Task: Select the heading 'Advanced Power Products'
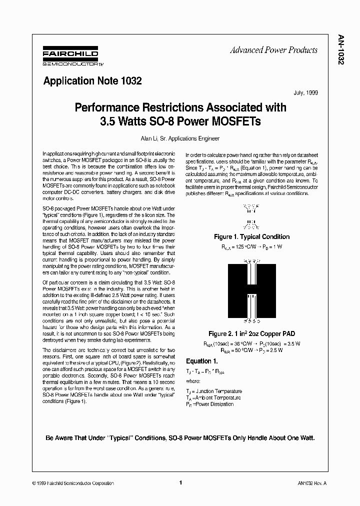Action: pos(273,50)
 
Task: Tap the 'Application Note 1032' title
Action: pos(92,80)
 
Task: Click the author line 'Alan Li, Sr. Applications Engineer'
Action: pos(180,138)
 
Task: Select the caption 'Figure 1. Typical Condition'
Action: pos(251,236)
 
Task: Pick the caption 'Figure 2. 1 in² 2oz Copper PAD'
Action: pos(251,333)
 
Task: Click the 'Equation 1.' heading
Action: pos(202,361)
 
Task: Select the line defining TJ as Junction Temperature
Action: pos(214,391)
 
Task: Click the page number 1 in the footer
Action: pos(180,483)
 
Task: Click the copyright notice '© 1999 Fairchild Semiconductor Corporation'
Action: pos(72,483)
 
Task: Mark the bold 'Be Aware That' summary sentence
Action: pos(180,437)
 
